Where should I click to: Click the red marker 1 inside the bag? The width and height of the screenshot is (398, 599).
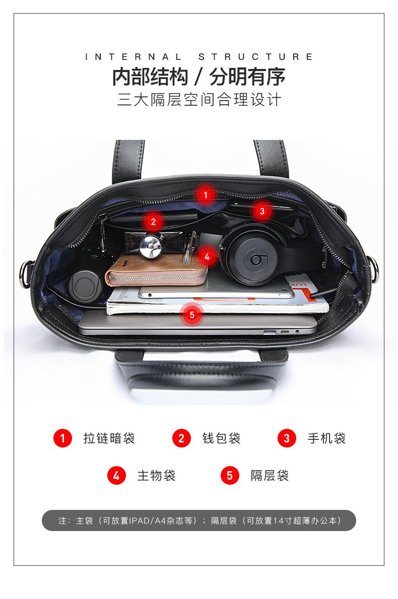(x=206, y=195)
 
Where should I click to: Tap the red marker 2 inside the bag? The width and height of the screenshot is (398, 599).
(x=153, y=221)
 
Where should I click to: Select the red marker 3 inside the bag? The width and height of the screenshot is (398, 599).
(x=262, y=211)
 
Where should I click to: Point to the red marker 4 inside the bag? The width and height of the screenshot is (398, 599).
(x=207, y=256)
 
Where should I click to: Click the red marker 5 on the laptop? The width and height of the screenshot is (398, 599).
(x=192, y=315)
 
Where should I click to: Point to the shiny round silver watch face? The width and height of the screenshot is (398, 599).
(x=150, y=245)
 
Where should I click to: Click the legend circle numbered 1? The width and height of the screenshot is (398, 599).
(x=62, y=438)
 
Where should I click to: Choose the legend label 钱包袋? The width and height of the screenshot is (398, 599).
(x=221, y=438)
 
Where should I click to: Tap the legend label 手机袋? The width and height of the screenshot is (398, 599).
(x=326, y=438)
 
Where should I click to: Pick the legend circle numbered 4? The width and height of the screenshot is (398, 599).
(x=116, y=476)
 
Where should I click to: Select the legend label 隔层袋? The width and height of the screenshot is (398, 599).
(x=270, y=476)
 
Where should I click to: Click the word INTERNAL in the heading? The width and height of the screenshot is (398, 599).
(x=133, y=57)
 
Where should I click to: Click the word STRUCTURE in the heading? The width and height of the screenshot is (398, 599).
(x=255, y=57)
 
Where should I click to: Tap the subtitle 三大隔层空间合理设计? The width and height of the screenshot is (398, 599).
(x=199, y=100)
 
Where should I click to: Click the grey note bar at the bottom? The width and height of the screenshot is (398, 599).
(x=199, y=520)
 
